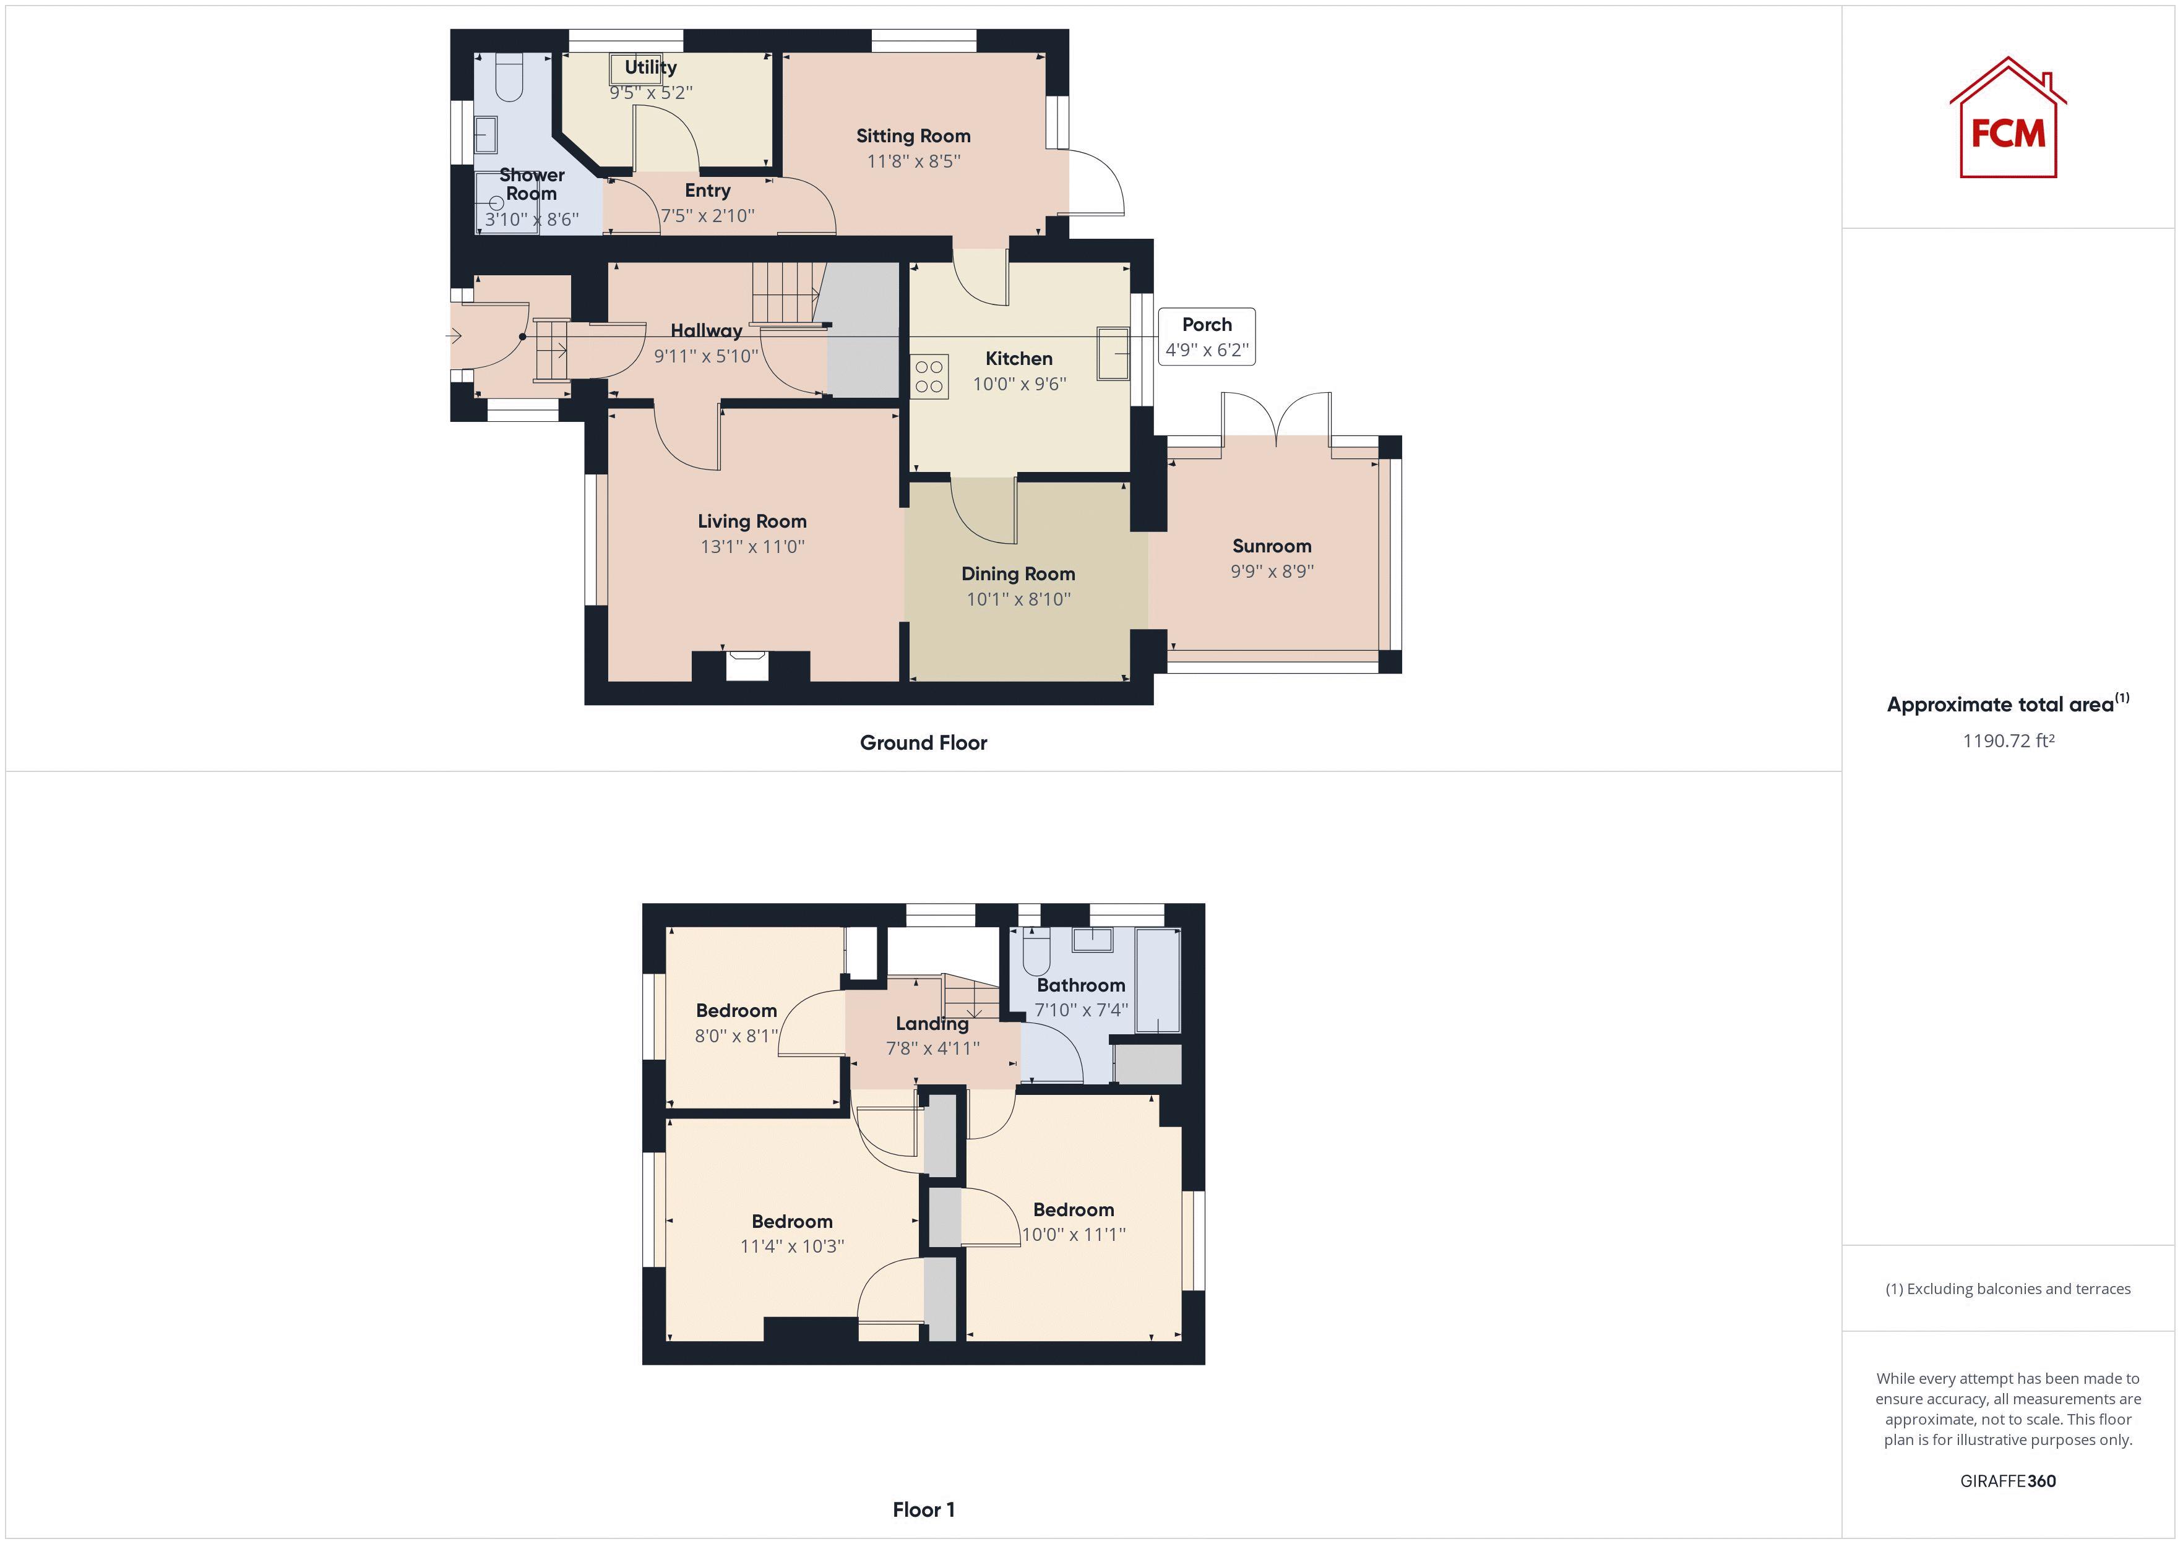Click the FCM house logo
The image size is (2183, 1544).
(2007, 120)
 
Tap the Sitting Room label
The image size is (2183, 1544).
(913, 136)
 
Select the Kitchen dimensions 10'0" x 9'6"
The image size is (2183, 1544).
(1019, 384)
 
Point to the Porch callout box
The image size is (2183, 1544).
(1205, 337)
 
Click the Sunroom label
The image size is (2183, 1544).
(1271, 546)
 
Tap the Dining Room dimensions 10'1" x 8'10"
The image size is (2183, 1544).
(1018, 599)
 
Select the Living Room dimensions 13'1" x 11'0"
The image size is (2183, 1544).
(752, 547)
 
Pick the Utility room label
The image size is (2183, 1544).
(650, 67)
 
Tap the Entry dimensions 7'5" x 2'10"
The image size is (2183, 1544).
(707, 216)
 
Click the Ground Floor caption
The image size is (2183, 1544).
(923, 742)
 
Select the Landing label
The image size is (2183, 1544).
(932, 1023)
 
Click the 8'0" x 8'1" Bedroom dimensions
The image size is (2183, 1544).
(736, 1036)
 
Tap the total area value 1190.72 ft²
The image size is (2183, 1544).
(2008, 740)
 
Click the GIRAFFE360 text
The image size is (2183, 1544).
(2008, 1480)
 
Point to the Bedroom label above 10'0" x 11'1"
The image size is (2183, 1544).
(1074, 1209)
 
